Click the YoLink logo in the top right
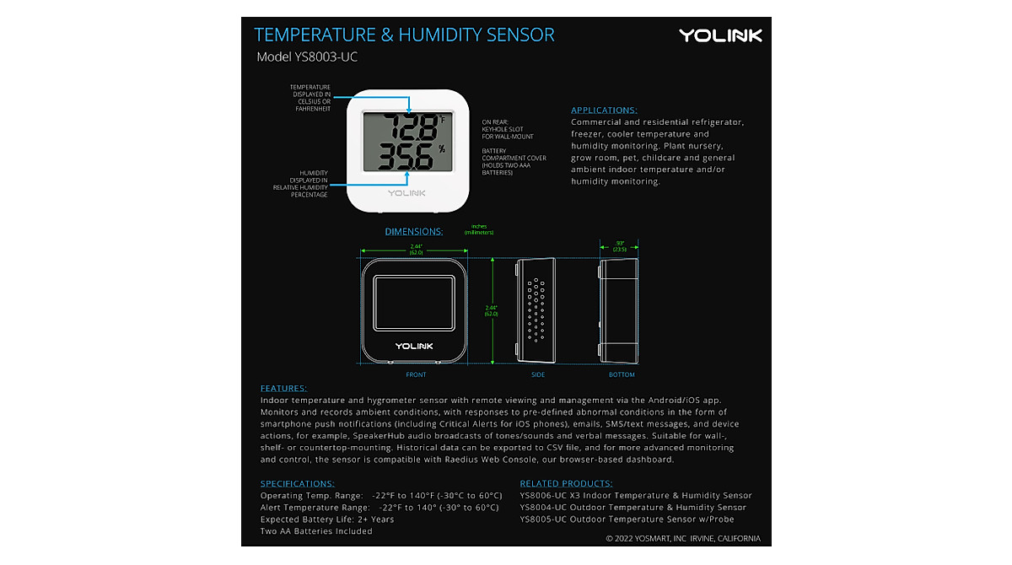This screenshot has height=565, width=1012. tap(720, 35)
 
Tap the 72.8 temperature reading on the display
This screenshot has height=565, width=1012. tap(401, 128)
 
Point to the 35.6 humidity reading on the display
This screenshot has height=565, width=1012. tap(401, 156)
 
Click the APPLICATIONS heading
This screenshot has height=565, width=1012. tap(604, 110)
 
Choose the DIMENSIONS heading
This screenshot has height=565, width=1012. tap(414, 232)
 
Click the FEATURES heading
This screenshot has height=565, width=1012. tap(283, 389)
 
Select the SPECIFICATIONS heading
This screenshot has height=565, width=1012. tap(297, 484)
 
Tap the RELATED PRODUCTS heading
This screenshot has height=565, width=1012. tap(566, 484)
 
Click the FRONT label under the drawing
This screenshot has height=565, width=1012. tap(416, 374)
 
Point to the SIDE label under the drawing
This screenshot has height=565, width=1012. tap(538, 374)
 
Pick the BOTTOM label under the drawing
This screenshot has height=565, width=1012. tap(622, 374)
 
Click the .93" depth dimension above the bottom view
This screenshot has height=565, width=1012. tap(619, 244)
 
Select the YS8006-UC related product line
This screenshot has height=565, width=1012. tap(635, 496)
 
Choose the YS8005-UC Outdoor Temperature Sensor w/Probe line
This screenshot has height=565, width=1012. tap(627, 519)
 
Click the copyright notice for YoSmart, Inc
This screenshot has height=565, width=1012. tap(682, 538)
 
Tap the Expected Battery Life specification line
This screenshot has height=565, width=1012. tap(327, 519)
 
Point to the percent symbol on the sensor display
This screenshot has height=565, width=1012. tap(442, 150)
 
